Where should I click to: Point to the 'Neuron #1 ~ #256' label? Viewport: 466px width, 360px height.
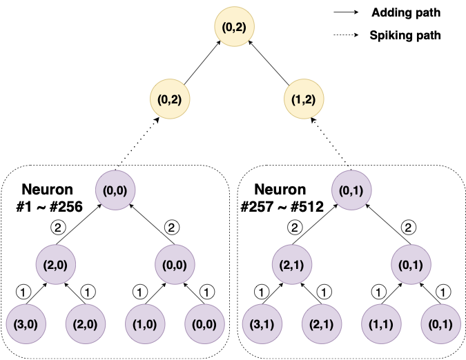[52, 197]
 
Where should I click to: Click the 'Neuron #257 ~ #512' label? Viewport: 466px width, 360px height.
[283, 197]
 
